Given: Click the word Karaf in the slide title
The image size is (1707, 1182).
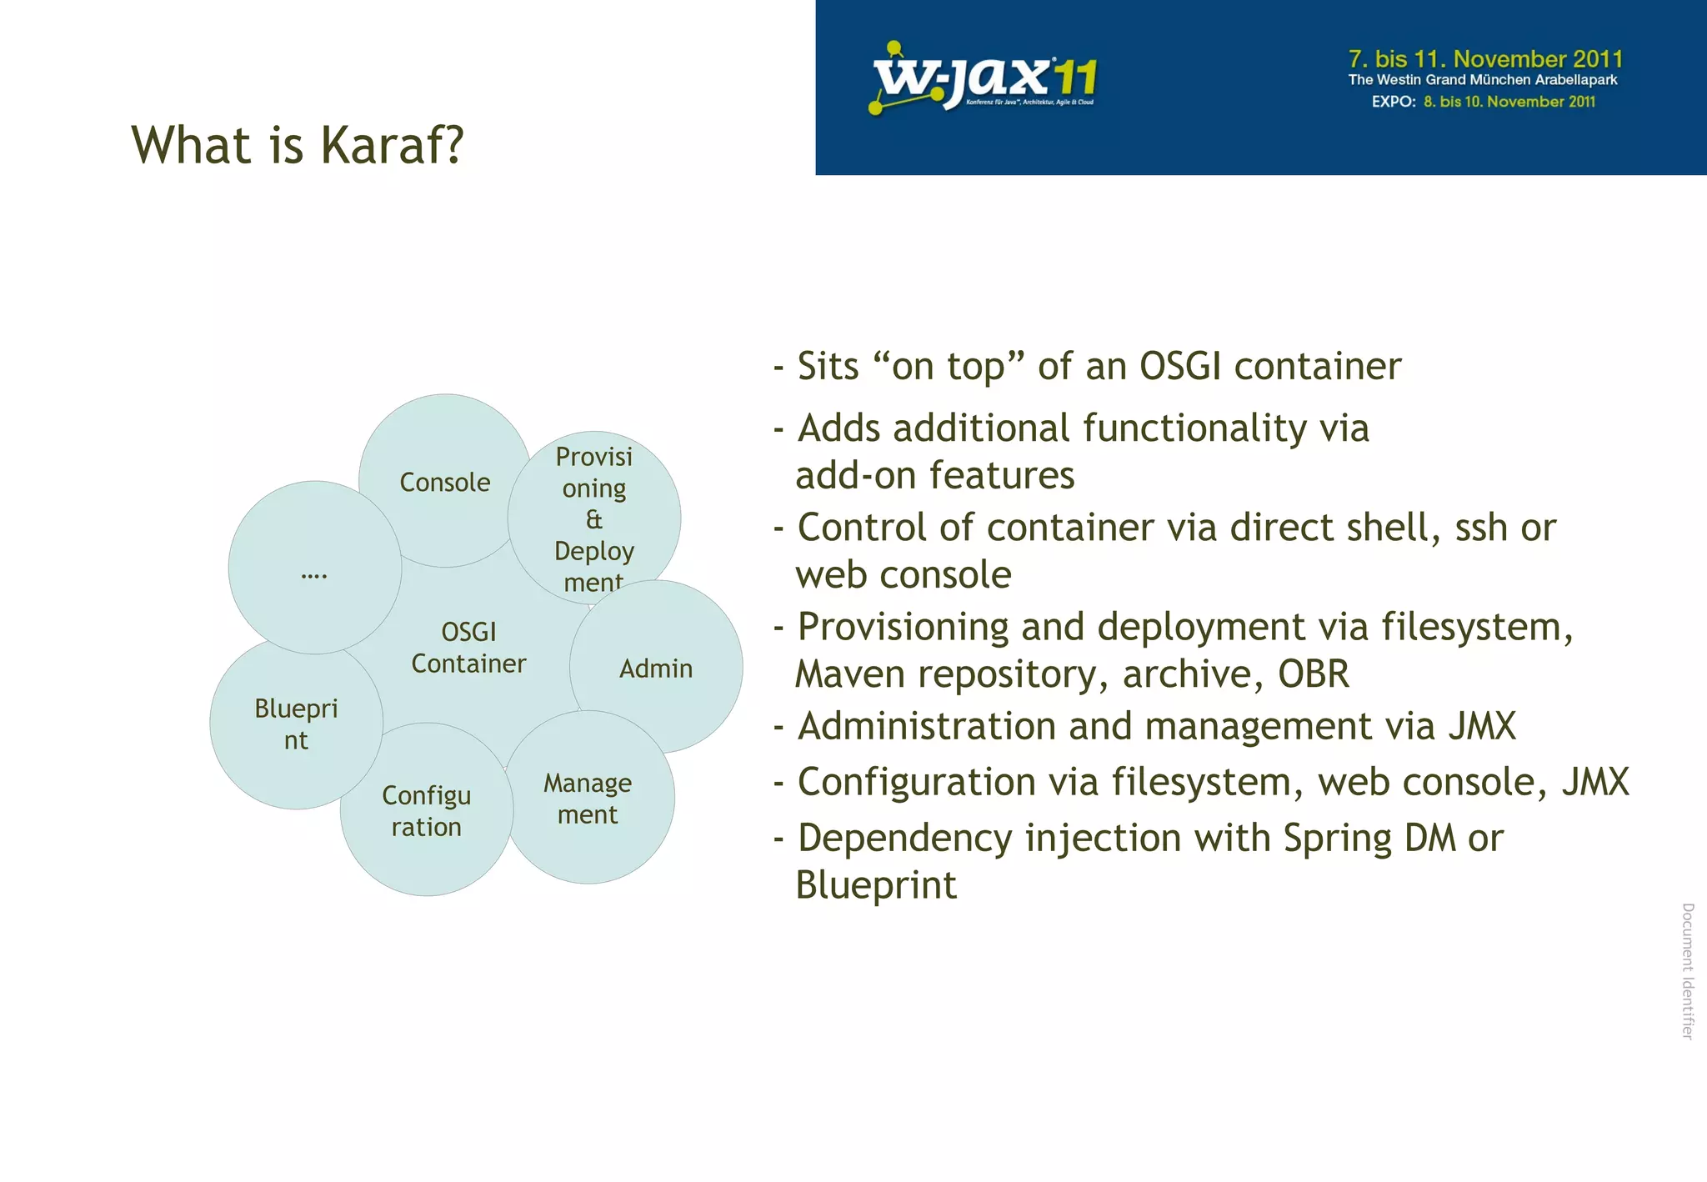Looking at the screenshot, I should pyautogui.click(x=391, y=146).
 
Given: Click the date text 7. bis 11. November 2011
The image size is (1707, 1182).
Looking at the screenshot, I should pyautogui.click(x=1485, y=59).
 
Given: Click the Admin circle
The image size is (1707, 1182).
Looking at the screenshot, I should pyautogui.click(x=656, y=668).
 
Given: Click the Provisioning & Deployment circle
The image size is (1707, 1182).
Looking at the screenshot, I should pyautogui.click(x=593, y=518).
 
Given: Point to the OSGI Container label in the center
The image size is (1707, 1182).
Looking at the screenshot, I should pyautogui.click(x=468, y=648).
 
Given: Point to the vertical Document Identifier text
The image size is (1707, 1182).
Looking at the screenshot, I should pyautogui.click(x=1688, y=971).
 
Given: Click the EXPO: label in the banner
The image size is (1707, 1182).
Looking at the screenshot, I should pyautogui.click(x=1394, y=102).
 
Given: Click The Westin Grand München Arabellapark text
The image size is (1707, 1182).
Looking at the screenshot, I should pyautogui.click(x=1482, y=81).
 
